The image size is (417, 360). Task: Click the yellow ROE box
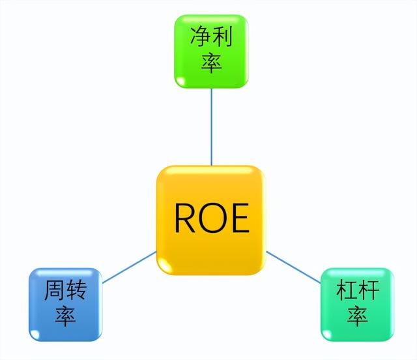(x=211, y=220)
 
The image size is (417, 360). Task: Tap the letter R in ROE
(x=186, y=218)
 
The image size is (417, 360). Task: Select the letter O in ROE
(x=214, y=218)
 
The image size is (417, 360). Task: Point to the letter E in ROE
(x=240, y=218)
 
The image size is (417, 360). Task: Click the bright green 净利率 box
(x=211, y=52)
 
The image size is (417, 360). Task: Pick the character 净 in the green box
(x=201, y=37)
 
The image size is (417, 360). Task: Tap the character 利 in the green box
(x=222, y=37)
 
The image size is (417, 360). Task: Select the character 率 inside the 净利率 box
(x=211, y=63)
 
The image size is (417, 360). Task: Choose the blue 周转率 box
(x=65, y=305)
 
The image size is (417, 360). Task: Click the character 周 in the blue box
(x=55, y=290)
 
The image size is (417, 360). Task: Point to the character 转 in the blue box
(x=76, y=290)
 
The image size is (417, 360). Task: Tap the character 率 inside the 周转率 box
(x=65, y=316)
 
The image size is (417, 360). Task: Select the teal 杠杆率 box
(x=358, y=305)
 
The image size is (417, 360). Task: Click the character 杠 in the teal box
(x=347, y=290)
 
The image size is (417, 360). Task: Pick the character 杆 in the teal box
(x=368, y=290)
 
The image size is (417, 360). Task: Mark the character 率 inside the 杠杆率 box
(x=358, y=316)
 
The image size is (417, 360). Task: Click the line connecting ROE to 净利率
(x=211, y=127)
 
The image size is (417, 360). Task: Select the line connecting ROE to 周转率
(x=129, y=267)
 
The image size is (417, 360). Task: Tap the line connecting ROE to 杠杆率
(x=293, y=267)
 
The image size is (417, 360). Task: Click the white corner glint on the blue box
(x=35, y=335)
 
